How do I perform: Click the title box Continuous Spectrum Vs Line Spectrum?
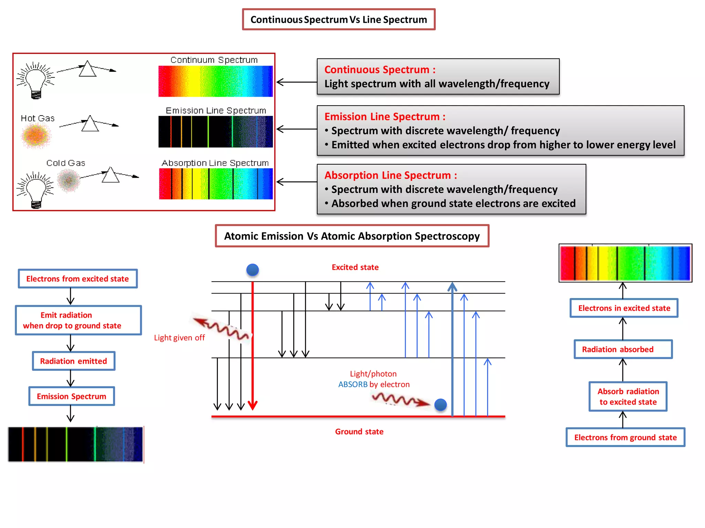[x=339, y=20]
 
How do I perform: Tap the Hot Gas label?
[x=38, y=118]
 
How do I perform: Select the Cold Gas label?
[x=66, y=163]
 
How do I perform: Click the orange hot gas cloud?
[x=35, y=135]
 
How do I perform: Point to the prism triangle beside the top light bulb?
[x=87, y=69]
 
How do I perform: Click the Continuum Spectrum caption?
[x=214, y=60]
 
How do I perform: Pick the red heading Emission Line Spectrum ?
[x=385, y=117]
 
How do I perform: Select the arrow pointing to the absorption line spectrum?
[x=296, y=182]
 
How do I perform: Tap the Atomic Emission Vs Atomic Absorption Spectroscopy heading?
[x=352, y=236]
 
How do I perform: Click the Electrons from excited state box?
[x=78, y=279]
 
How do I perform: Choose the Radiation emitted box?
[x=74, y=361]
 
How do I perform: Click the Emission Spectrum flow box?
[x=72, y=396]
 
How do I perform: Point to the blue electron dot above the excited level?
[x=253, y=270]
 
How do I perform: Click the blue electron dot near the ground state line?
[x=440, y=405]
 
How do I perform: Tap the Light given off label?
[x=179, y=338]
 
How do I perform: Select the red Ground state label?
[x=359, y=431]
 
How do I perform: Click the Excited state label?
[x=355, y=267]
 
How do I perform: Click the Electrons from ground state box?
[x=625, y=437]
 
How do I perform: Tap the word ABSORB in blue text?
[x=353, y=384]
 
